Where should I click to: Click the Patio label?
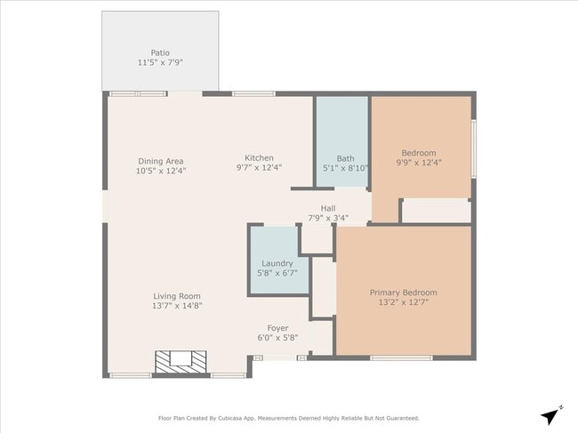click(160, 52)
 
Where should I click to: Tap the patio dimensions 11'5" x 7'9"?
click(160, 62)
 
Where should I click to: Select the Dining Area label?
click(160, 161)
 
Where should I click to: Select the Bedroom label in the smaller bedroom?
click(419, 152)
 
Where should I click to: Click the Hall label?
click(328, 208)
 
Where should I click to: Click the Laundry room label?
click(277, 263)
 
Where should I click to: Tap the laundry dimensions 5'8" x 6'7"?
click(277, 273)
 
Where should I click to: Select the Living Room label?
click(177, 296)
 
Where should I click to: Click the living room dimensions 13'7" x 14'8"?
click(177, 306)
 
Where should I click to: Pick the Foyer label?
click(278, 328)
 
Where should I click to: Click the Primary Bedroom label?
click(403, 292)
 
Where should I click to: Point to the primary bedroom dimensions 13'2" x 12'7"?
click(403, 301)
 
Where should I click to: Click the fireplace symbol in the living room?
click(181, 361)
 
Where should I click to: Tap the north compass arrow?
click(552, 415)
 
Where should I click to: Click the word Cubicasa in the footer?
click(243, 418)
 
